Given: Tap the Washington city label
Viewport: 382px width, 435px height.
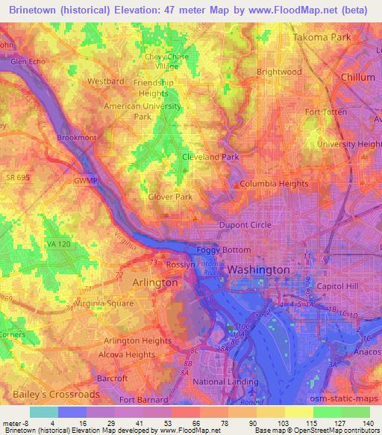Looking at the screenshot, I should (x=258, y=269).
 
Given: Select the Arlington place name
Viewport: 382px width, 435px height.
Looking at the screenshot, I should (x=154, y=283).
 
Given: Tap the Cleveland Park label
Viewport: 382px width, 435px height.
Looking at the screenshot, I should (x=211, y=158).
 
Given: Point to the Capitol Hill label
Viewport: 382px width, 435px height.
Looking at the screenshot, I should (x=339, y=286).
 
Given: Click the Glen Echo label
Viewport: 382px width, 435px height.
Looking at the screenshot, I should (x=28, y=62).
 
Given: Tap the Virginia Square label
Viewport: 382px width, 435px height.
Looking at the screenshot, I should (x=104, y=304).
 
